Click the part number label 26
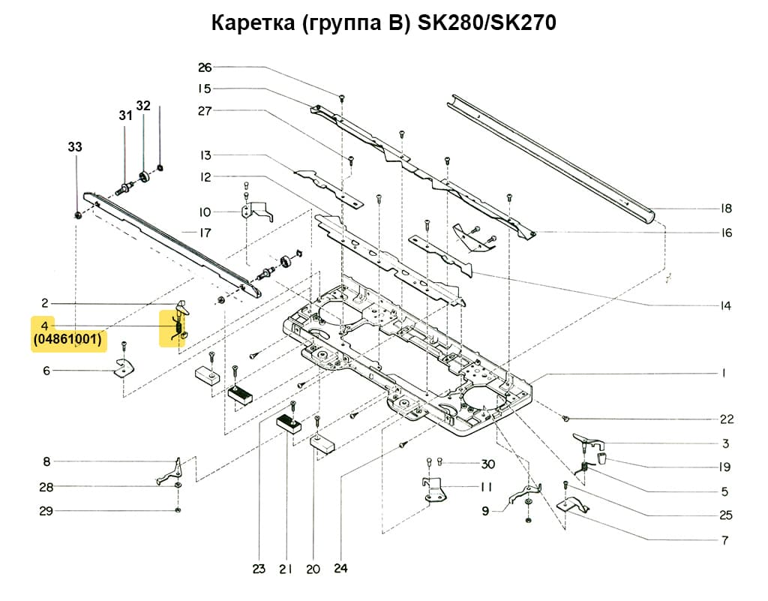[205, 68]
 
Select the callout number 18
[725, 209]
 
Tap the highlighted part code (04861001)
[67, 340]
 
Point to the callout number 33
[75, 148]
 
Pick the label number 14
[725, 306]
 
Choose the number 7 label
[725, 540]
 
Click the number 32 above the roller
[143, 105]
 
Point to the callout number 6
[46, 370]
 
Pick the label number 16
[725, 233]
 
